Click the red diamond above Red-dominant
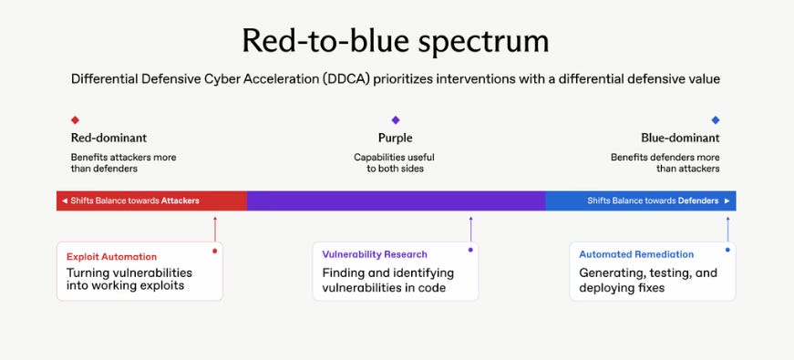pyautogui.click(x=75, y=120)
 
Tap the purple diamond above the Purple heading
pyautogui.click(x=396, y=120)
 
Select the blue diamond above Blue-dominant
pyautogui.click(x=716, y=120)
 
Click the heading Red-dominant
pyautogui.click(x=108, y=138)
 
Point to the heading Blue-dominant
pyautogui.click(x=680, y=138)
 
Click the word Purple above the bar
pyautogui.click(x=396, y=138)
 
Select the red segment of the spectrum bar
pyautogui.click(x=151, y=201)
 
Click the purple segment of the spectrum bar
pyautogui.click(x=396, y=201)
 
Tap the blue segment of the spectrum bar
pyautogui.click(x=641, y=201)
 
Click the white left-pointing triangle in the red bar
pyautogui.click(x=65, y=201)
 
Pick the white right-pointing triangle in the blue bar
pyautogui.click(x=727, y=201)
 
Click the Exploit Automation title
pyautogui.click(x=111, y=257)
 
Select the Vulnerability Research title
pyautogui.click(x=375, y=254)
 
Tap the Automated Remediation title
pyautogui.click(x=636, y=254)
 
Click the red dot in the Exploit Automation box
pyautogui.click(x=215, y=251)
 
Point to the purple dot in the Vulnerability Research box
pyautogui.click(x=470, y=250)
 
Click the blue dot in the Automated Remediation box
pyautogui.click(x=727, y=250)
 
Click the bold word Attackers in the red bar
pyautogui.click(x=180, y=201)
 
